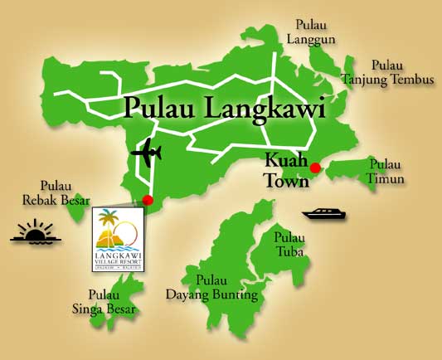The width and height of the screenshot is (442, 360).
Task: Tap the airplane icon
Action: pos(147,153)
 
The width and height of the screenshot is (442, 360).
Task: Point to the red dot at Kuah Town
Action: pos(314,168)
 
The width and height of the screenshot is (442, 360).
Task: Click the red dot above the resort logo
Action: pos(148,200)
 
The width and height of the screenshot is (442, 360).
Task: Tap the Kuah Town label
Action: pos(285,171)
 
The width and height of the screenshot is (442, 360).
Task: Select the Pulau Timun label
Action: pos(386,172)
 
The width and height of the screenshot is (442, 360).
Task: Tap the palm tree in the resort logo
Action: pos(108,221)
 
